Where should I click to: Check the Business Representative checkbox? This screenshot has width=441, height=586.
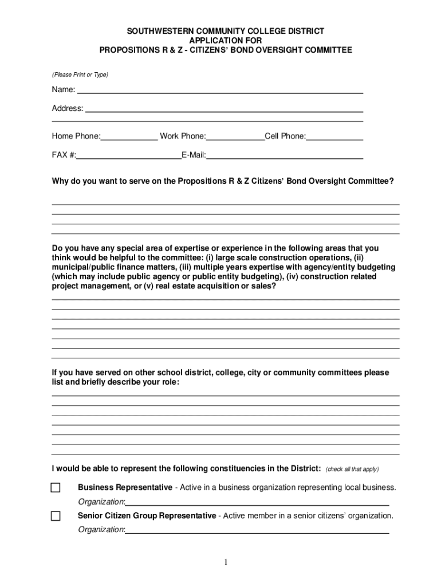click(56, 488)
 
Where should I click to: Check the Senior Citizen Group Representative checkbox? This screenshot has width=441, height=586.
click(56, 516)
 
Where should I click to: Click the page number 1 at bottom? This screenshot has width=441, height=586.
click(226, 563)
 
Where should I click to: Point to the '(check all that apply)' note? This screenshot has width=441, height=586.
click(352, 469)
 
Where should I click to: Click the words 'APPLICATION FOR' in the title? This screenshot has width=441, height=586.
click(226, 41)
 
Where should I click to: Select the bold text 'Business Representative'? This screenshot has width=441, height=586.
click(125, 488)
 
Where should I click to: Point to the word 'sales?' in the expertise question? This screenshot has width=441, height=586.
click(264, 287)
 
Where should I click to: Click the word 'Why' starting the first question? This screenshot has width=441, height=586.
click(60, 181)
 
